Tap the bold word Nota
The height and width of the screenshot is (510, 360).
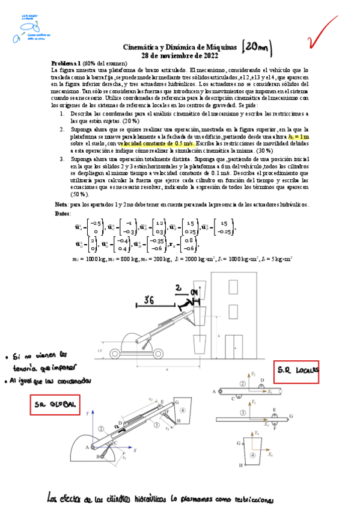(x=61, y=204)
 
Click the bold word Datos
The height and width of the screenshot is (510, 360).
(x=63, y=213)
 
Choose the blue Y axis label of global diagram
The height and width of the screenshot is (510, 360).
(x=88, y=413)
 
